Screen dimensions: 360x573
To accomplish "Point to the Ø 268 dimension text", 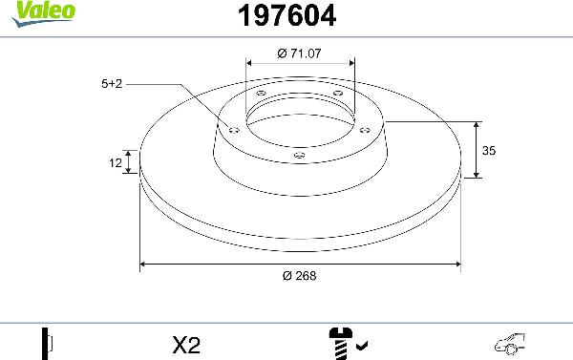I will click(300, 276).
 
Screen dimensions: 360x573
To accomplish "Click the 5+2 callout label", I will click(111, 84).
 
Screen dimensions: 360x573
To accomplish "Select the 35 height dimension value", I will click(489, 151).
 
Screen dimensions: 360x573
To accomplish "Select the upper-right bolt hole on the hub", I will click(335, 93).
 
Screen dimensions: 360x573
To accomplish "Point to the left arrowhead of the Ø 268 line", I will click(144, 263).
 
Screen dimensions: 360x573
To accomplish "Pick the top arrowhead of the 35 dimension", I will click(476, 125).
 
